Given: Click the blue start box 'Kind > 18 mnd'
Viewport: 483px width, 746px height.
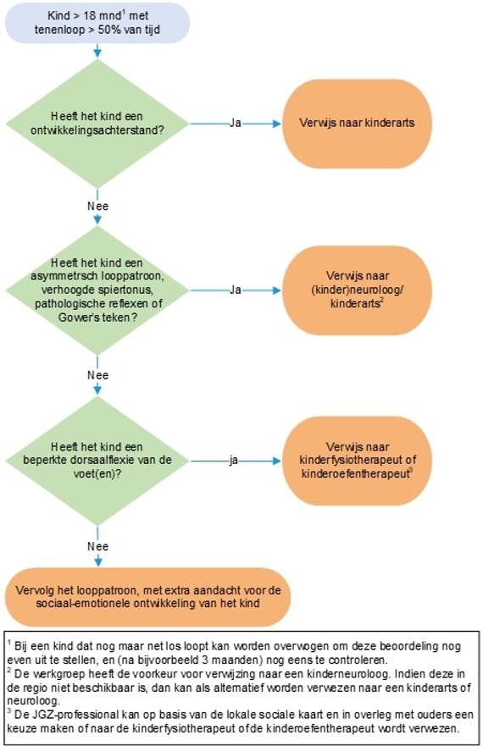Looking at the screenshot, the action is click(x=97, y=23).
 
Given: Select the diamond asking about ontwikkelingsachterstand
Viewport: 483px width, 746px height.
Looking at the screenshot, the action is click(x=97, y=124).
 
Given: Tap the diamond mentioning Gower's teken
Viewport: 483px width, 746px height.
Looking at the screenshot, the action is click(x=97, y=290).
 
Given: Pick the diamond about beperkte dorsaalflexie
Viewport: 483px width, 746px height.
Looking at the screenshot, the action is click(x=97, y=461).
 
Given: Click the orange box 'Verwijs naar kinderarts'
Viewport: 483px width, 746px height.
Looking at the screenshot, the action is click(x=357, y=124).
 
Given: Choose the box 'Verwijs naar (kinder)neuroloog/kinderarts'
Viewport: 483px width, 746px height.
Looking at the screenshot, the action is click(x=357, y=290).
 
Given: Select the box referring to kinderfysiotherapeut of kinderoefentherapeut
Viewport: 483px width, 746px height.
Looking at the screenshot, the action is click(x=357, y=461).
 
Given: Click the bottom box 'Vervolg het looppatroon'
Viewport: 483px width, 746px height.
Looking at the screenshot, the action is click(x=147, y=597).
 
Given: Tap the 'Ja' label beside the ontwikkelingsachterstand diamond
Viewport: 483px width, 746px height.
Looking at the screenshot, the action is click(x=236, y=124).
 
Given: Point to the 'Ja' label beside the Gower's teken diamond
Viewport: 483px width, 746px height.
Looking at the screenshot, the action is click(x=236, y=290).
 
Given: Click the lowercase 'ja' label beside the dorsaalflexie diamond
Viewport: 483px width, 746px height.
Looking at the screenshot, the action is click(x=233, y=461).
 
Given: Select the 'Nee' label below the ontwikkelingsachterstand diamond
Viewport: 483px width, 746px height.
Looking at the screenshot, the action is click(x=97, y=206).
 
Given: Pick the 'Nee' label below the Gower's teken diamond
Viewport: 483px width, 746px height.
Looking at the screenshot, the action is click(x=97, y=375).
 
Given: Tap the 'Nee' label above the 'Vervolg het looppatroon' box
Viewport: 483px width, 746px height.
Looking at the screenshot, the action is click(x=97, y=546).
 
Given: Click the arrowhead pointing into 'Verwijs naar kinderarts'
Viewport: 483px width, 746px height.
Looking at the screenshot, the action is click(x=277, y=124).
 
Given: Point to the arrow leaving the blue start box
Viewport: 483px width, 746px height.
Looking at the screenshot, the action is click(x=97, y=51).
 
